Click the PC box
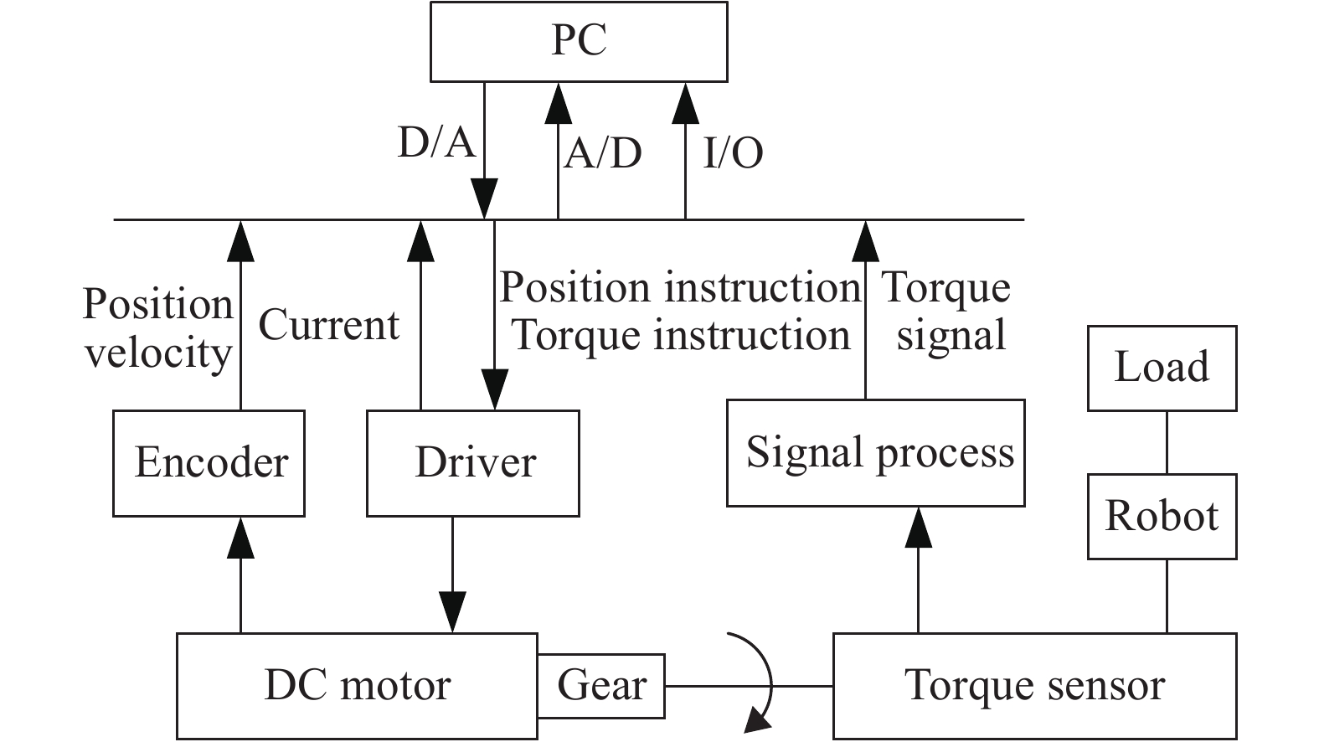[579, 41]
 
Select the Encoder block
[209, 463]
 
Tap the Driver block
[473, 463]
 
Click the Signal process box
[875, 453]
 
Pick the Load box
[1162, 368]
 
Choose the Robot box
[1162, 516]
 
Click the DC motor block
[357, 686]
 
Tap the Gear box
[601, 686]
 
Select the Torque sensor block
[1034, 686]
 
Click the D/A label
[436, 142]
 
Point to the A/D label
[602, 153]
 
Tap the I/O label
[733, 153]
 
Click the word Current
[328, 325]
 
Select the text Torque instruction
[680, 335]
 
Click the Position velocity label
[157, 327]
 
